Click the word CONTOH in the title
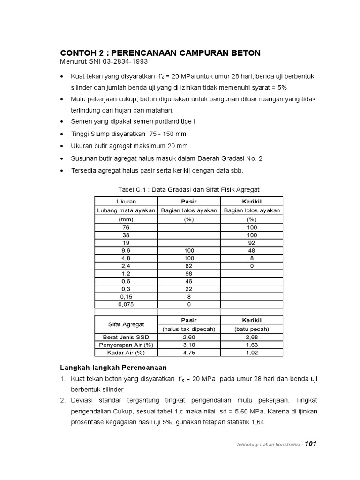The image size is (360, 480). click(78, 53)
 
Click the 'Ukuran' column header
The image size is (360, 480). click(126, 201)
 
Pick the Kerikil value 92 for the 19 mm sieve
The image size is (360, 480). click(252, 243)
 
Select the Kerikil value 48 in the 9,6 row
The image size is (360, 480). click(252, 251)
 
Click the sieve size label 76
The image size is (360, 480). click(126, 227)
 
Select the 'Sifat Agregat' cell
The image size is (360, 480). click(126, 324)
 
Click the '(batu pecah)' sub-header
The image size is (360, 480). click(252, 329)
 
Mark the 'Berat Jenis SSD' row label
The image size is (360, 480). click(126, 337)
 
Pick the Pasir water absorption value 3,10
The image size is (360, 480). click(189, 345)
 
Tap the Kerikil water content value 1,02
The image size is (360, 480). click(252, 352)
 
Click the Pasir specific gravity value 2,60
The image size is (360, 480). click(189, 337)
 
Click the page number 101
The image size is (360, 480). click(311, 444)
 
